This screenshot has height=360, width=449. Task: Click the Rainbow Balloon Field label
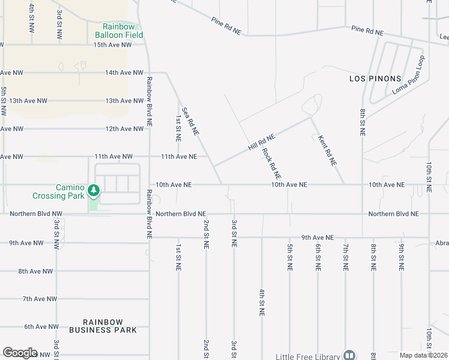coord(122,31)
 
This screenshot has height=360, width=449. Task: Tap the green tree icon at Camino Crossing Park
coord(93,191)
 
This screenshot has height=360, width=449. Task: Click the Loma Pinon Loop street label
coord(408,82)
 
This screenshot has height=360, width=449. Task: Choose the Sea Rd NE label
coord(190,121)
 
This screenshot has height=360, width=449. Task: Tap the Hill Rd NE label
coord(261,142)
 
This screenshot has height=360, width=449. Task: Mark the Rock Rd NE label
coord(272,164)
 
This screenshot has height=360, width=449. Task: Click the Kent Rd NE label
coord(324,150)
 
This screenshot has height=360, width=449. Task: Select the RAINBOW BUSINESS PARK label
coord(103,326)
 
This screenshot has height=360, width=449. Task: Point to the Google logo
coord(20,353)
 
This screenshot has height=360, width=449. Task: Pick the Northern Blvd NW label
coord(35,214)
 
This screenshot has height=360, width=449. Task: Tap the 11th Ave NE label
coord(178,157)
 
